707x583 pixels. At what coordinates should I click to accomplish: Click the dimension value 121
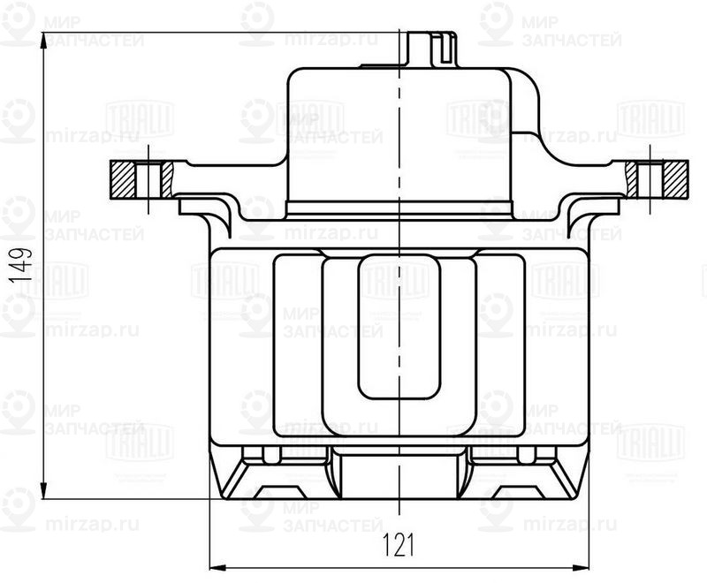click(x=399, y=546)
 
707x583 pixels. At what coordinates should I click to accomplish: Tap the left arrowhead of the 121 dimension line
click(x=215, y=567)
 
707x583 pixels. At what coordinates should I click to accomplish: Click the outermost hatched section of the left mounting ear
click(x=124, y=179)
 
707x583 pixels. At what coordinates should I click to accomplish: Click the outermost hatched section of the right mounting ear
click(x=678, y=179)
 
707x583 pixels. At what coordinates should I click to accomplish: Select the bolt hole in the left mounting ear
click(x=150, y=179)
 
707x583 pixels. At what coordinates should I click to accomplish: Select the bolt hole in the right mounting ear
click(x=651, y=179)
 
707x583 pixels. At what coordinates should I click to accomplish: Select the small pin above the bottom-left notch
click(x=265, y=454)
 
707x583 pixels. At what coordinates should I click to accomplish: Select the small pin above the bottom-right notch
click(x=527, y=454)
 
